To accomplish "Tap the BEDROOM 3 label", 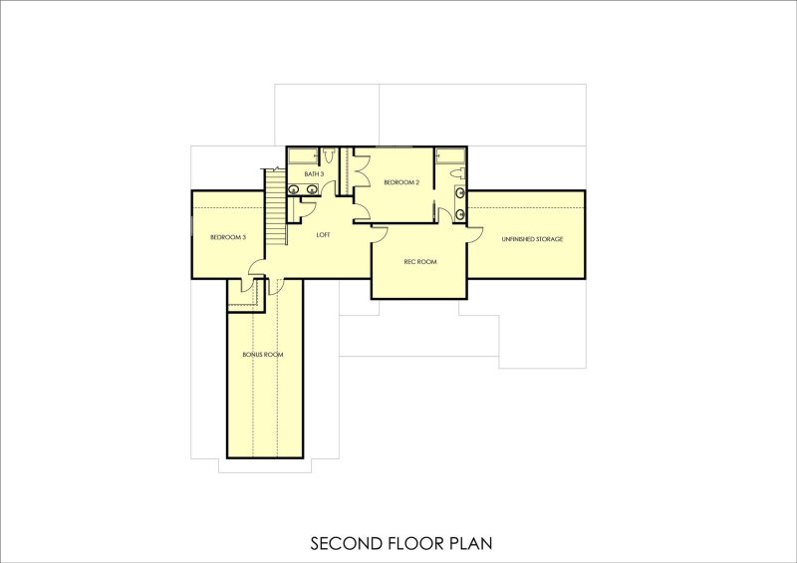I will coord(228,237).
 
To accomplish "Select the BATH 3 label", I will coord(314,174).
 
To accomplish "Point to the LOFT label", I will coord(323,235).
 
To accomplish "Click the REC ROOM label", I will coord(419,262).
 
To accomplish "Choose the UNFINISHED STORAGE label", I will coord(534,239).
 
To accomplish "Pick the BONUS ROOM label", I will coord(264,355).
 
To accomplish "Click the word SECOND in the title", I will coord(341,544).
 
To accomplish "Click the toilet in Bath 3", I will coord(328,155).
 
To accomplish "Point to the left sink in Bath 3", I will coord(296,189).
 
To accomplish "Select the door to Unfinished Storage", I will coord(474,234).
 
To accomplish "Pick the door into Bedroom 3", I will coord(255,267).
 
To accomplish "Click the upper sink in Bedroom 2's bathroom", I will coord(459,192).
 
